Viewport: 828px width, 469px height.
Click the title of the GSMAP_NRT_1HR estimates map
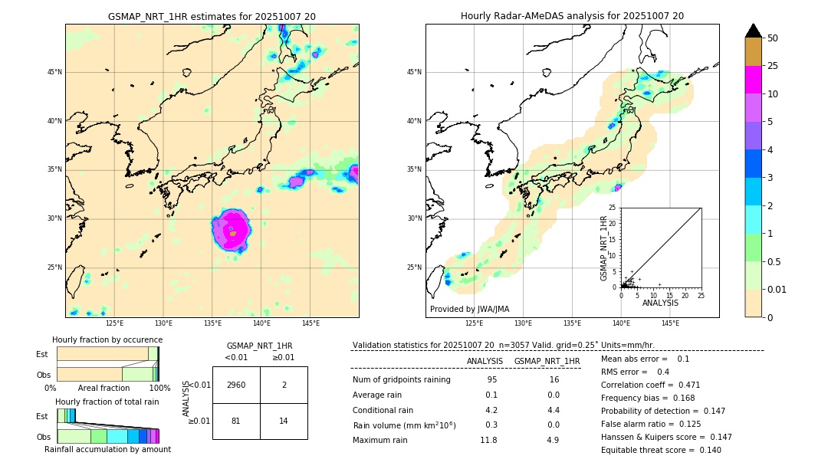[212, 16]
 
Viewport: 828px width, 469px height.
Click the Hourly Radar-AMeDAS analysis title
[572, 16]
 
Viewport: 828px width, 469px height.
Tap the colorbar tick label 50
[773, 38]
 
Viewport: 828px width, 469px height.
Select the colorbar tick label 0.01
[777, 289]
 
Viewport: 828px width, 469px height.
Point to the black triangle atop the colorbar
[754, 31]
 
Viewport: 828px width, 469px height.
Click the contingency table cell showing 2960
[236, 385]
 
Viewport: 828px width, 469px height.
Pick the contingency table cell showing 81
[236, 421]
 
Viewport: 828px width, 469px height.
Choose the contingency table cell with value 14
[284, 421]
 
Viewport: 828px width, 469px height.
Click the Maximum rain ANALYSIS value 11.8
[488, 440]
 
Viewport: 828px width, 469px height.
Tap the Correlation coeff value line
[650, 385]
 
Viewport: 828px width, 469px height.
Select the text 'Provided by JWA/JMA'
[469, 309]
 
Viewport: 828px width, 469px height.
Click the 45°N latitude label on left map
[54, 72]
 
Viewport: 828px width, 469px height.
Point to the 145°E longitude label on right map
[670, 323]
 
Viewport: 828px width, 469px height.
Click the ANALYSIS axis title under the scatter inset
[660, 303]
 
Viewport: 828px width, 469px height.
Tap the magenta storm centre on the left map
[232, 229]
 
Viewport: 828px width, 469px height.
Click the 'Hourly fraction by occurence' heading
[107, 339]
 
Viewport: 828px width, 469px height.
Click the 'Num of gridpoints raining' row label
[402, 379]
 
